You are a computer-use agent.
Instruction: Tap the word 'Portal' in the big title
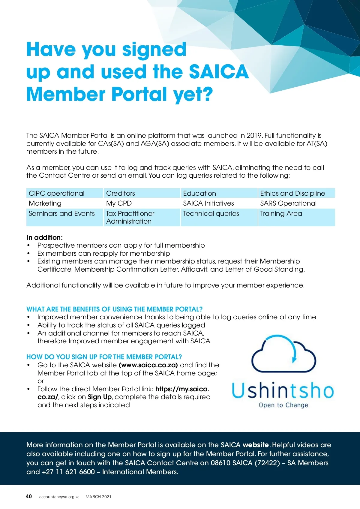(x=139, y=94)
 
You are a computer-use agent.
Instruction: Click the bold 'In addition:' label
(x=44, y=237)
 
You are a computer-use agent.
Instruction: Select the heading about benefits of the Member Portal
(x=114, y=309)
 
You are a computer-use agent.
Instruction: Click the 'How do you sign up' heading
(x=104, y=357)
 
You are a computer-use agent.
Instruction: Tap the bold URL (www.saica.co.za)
(x=148, y=365)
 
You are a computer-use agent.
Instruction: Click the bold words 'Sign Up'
(x=100, y=397)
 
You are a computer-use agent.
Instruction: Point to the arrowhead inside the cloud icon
(x=294, y=359)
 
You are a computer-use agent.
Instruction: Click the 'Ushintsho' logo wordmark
(x=283, y=390)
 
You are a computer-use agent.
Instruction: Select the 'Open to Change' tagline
(x=283, y=405)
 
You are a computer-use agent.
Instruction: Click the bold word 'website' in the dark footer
(x=256, y=445)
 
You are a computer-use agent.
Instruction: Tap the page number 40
(x=29, y=496)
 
